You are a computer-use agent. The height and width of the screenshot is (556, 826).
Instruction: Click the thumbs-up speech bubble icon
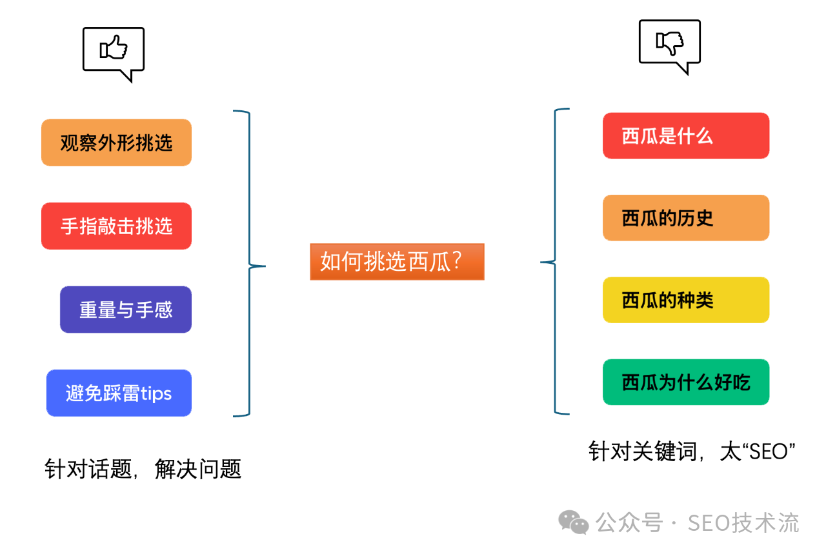114,52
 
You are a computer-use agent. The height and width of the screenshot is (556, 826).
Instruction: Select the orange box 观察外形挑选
116,143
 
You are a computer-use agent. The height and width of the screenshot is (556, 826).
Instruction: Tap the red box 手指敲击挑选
116,226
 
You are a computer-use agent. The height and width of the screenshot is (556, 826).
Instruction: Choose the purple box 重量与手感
126,310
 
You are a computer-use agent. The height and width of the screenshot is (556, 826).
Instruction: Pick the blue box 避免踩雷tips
119,393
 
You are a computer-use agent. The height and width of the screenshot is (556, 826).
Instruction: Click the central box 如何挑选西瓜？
397,261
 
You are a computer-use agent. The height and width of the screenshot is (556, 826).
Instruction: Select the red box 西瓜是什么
686,135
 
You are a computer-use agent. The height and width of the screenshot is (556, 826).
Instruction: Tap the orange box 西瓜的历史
686,218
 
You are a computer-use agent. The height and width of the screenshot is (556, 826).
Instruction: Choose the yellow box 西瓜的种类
686,300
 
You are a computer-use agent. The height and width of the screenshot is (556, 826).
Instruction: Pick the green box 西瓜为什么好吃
686,382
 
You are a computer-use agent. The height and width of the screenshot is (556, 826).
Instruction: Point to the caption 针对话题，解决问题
143,469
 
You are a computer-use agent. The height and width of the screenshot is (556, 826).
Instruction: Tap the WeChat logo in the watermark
573,522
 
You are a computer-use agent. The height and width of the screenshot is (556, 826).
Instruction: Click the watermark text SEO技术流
743,522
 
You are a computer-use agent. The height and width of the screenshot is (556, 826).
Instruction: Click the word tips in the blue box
156,393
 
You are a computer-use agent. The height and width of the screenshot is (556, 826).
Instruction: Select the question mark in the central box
456,261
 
